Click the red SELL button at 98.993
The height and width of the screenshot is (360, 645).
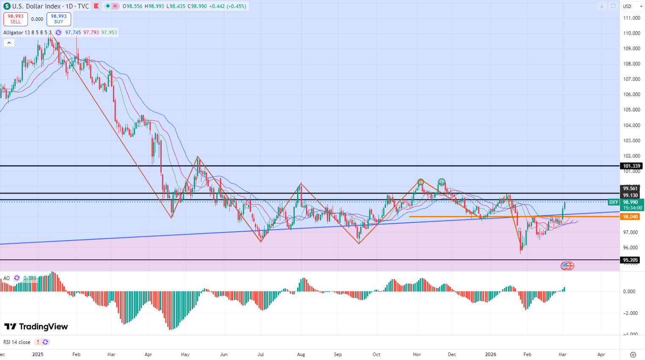coord(16,19)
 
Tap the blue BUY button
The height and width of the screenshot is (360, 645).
coord(58,19)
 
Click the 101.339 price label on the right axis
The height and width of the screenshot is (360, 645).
coord(631,166)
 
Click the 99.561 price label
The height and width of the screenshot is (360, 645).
coord(631,188)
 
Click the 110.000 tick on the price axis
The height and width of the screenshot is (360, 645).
coord(631,33)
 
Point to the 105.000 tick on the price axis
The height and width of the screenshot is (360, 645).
coord(631,110)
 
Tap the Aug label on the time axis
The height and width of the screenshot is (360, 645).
coord(301,354)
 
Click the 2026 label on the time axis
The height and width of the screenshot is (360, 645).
coord(491,354)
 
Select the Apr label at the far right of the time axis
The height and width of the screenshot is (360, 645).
coord(601,354)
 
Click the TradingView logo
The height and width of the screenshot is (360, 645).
coord(36,327)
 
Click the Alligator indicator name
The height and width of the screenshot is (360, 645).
coord(13,33)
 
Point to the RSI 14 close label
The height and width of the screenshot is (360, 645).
coord(17,342)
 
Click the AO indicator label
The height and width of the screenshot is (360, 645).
coord(6,278)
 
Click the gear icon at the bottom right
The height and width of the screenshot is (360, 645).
coord(633,354)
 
